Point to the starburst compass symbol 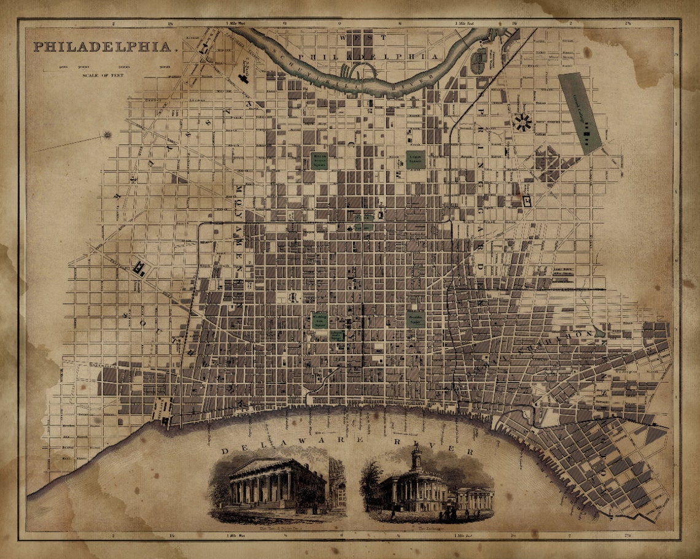pyautogui.click(x=107, y=135)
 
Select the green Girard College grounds pyautogui.click(x=580, y=113)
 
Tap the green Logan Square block pyautogui.click(x=415, y=160)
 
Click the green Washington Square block pyautogui.click(x=320, y=319)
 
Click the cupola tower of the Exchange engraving pyautogui.click(x=416, y=457)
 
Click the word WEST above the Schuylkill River pyautogui.click(x=358, y=37)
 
